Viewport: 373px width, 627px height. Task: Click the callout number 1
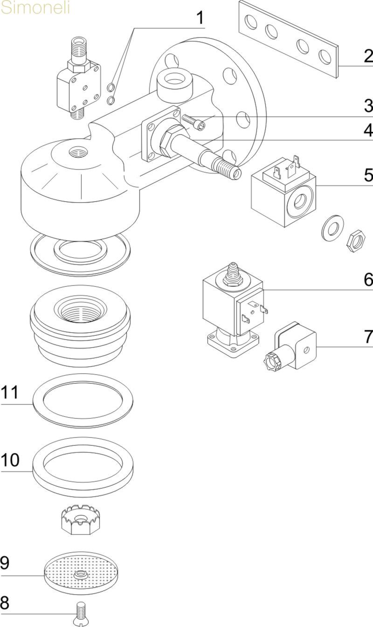200,18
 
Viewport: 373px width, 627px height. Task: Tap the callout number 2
368,57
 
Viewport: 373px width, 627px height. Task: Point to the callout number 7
368,336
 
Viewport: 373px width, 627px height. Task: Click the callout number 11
10,393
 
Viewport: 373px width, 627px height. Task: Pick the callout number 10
10,460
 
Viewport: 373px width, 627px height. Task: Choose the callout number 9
5,563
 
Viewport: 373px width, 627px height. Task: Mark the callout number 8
5,603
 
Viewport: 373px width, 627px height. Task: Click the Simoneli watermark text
35,8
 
